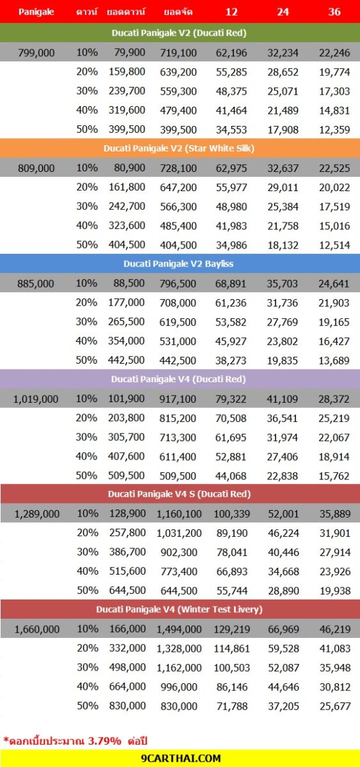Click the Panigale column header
click(36, 12)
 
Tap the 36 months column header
click(334, 12)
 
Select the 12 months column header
click(231, 12)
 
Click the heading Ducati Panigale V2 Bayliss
click(178, 263)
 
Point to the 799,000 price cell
click(36, 52)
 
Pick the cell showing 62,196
click(231, 52)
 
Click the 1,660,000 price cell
click(36, 629)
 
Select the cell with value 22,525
click(334, 168)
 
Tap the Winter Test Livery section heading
click(179, 610)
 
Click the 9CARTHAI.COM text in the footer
click(181, 758)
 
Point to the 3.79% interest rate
click(104, 741)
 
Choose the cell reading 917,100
click(178, 399)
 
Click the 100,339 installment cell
click(232, 514)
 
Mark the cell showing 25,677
click(335, 706)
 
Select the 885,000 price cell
click(36, 284)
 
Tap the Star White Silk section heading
click(179, 148)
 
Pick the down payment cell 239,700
click(127, 91)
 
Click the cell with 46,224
click(284, 533)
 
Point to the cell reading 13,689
click(334, 360)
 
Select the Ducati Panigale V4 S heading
click(179, 494)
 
